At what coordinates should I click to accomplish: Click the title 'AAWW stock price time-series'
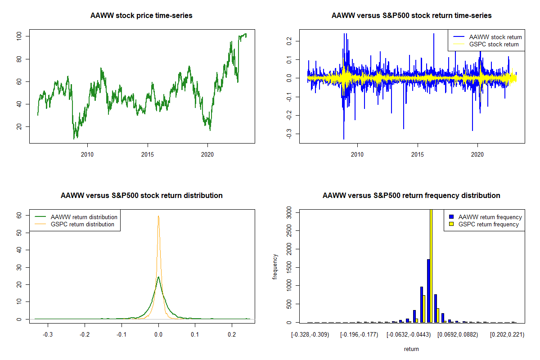(141, 16)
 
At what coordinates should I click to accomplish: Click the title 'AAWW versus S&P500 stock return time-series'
(411, 16)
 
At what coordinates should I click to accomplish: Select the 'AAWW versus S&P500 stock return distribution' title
(141, 196)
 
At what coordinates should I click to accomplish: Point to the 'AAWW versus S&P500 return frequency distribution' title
(411, 196)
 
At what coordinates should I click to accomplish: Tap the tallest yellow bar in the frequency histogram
(431, 270)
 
